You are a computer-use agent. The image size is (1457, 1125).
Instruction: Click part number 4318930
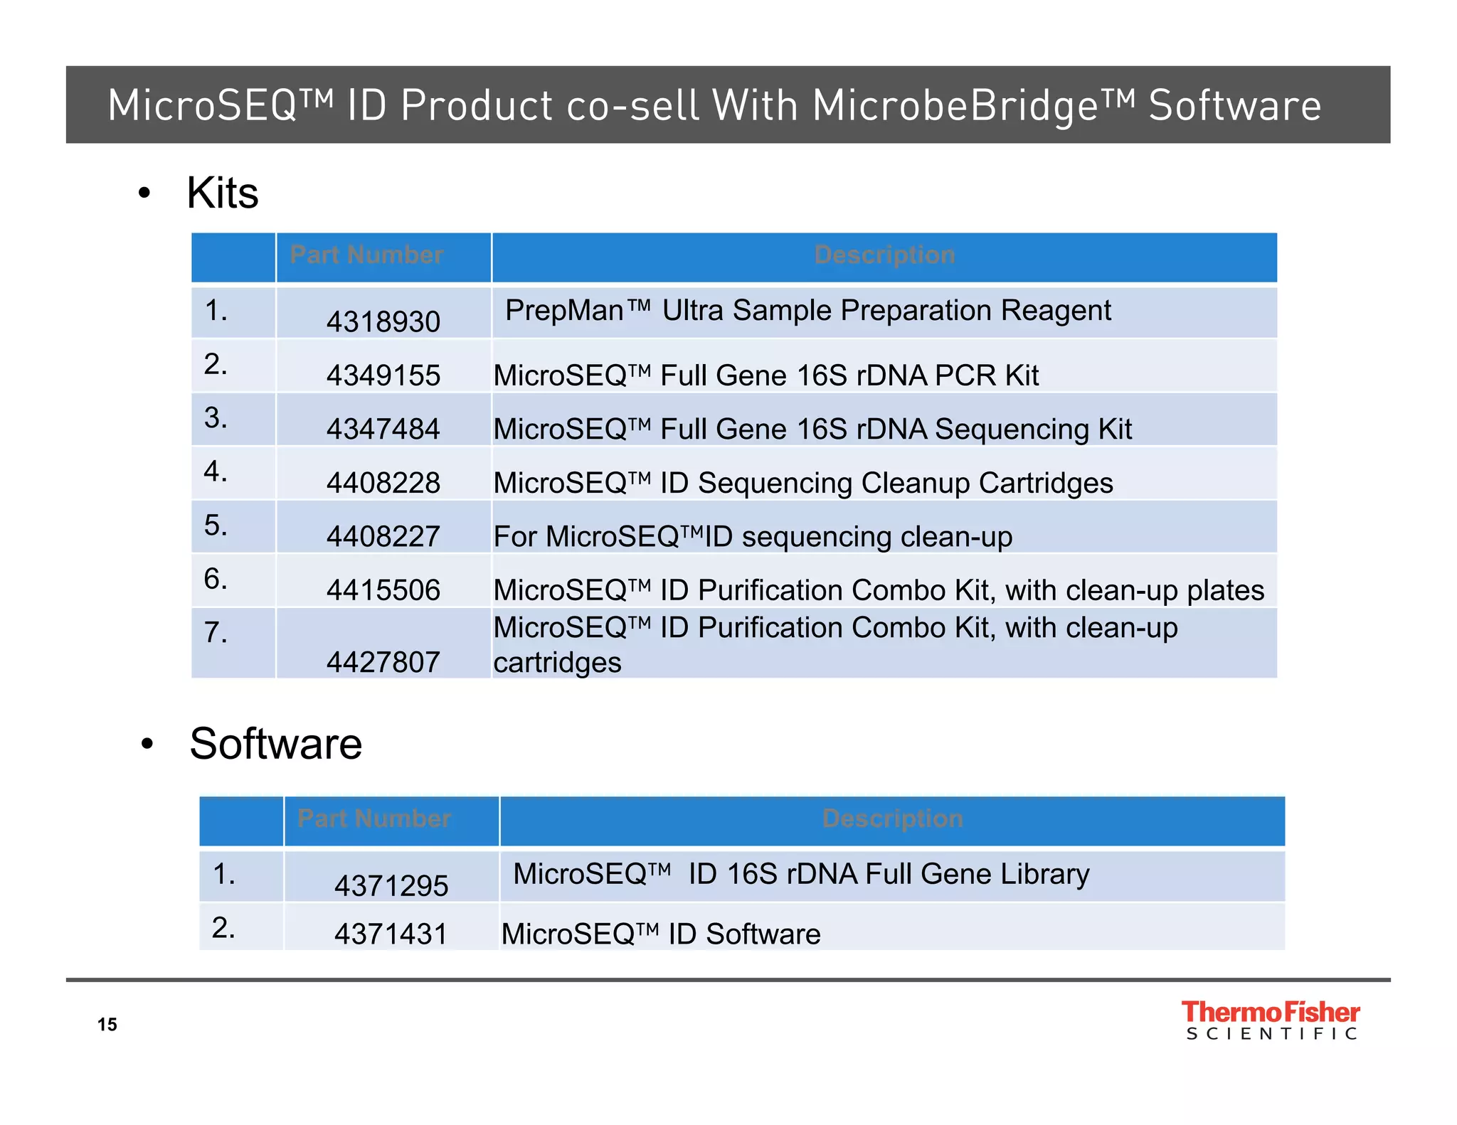383,322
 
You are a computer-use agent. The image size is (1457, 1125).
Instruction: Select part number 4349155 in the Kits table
383,375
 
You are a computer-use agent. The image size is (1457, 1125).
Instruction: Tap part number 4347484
383,430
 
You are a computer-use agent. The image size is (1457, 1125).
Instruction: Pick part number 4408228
383,484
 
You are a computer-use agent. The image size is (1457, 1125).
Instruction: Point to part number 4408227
383,537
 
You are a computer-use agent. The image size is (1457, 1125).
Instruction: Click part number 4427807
383,663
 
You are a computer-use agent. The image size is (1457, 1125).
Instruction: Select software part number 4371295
391,886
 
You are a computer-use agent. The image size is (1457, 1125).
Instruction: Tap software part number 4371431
391,934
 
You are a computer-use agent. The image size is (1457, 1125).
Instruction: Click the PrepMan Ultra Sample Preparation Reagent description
807,311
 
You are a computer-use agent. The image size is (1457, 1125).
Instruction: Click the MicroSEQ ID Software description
660,934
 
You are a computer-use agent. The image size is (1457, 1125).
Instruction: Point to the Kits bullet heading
222,193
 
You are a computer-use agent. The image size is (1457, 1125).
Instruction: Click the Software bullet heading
275,744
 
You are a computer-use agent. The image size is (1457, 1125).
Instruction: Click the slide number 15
107,1025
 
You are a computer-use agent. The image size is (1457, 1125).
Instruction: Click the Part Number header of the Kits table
366,255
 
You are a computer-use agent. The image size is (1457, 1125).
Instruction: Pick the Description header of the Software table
892,819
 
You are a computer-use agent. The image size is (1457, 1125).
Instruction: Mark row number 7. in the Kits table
216,632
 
